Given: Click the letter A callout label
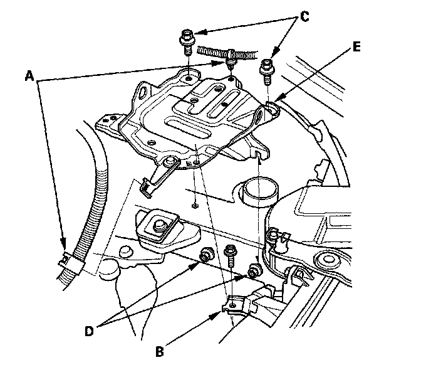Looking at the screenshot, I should (x=29, y=76).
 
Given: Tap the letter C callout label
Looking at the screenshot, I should (x=305, y=17).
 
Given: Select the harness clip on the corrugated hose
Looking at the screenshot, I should (x=67, y=258).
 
